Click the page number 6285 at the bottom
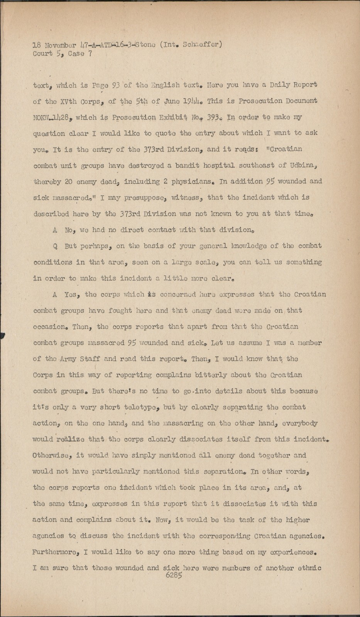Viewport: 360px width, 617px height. (x=173, y=574)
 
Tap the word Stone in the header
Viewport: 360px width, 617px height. (x=142, y=44)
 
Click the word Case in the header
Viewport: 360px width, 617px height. (x=76, y=54)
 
